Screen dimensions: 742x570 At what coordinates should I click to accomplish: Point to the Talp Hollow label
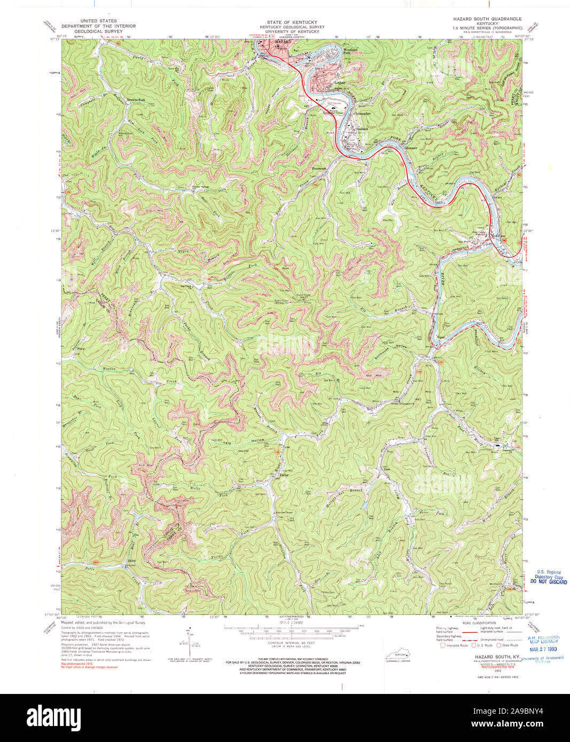pos(244,442)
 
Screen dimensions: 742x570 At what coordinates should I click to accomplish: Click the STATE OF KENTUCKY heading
pos(292,22)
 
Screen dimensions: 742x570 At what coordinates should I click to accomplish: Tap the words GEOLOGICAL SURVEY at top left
pos(98,31)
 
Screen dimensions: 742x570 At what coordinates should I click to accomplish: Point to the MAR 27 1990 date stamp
pos(542,649)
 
